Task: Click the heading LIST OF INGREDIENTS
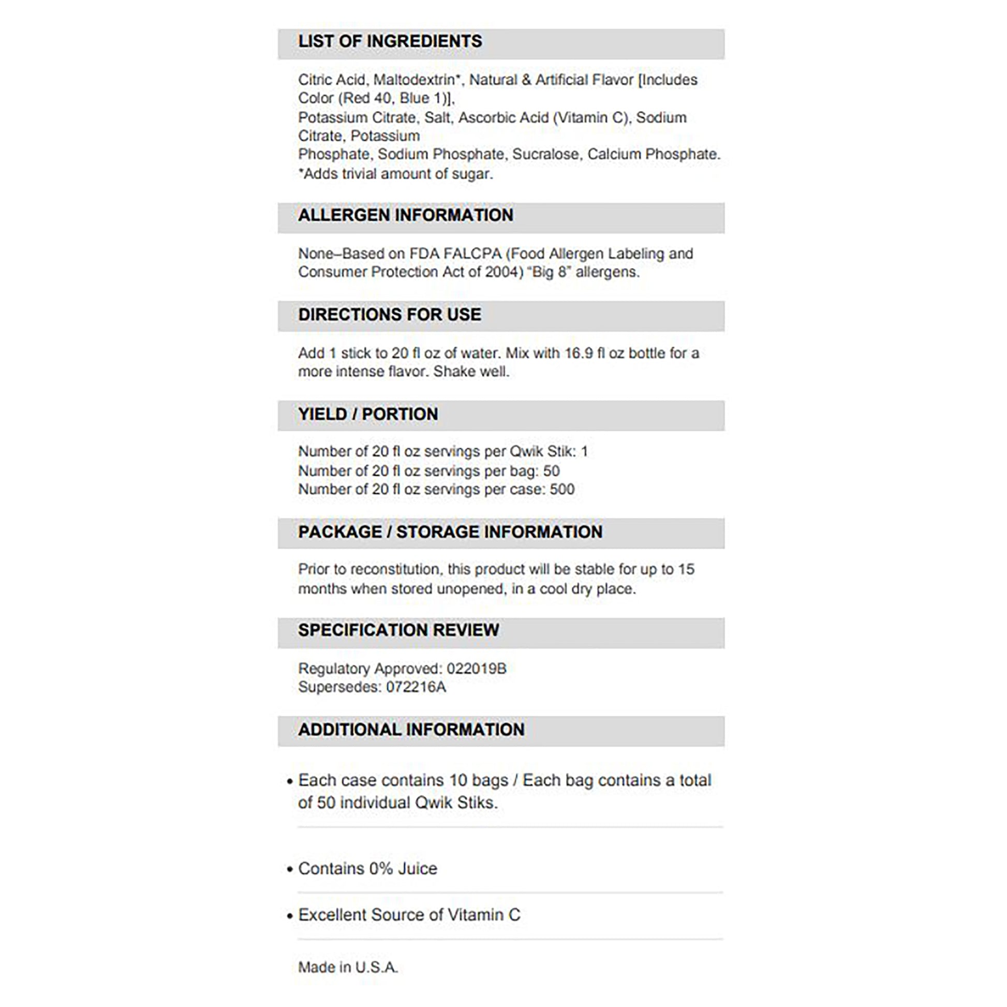(x=390, y=42)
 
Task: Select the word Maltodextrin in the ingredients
(x=417, y=80)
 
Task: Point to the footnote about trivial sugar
(x=395, y=174)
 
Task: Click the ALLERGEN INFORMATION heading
(x=406, y=215)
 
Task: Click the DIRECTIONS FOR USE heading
(x=389, y=315)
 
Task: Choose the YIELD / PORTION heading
(x=368, y=414)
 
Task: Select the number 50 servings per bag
(x=551, y=471)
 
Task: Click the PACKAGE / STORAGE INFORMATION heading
(x=450, y=532)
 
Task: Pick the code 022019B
(x=477, y=669)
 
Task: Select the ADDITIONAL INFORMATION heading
(x=411, y=730)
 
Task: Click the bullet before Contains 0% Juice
(x=290, y=869)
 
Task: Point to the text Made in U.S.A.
(x=348, y=967)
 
